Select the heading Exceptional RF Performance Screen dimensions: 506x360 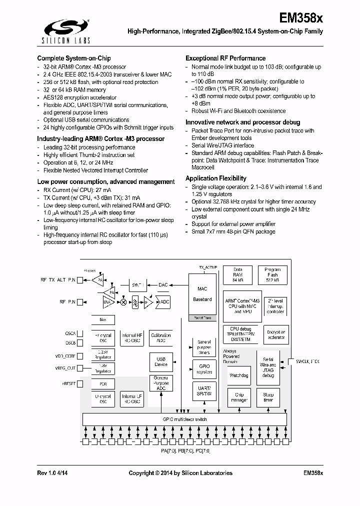coord(225,58)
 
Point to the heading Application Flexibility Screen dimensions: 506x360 coord(215,178)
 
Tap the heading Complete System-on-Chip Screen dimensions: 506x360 coord(74,58)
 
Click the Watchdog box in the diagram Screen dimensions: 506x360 coord(239,374)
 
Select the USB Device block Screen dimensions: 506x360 coord(161,361)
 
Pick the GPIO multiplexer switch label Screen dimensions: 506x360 coord(184,419)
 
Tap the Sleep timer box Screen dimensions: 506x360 coord(268,397)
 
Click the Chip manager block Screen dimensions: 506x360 coord(239,397)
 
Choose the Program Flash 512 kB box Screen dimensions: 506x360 coord(272,275)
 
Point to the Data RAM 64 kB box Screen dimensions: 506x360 coord(238,275)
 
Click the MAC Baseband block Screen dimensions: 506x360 coord(202,294)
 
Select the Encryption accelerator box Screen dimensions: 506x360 coord(275,334)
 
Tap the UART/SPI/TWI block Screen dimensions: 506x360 coord(203,391)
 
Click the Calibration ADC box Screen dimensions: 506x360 coord(161,338)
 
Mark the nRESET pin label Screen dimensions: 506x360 coord(68,383)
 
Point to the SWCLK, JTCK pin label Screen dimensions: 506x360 coord(307,360)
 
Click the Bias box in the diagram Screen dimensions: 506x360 coord(103,319)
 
